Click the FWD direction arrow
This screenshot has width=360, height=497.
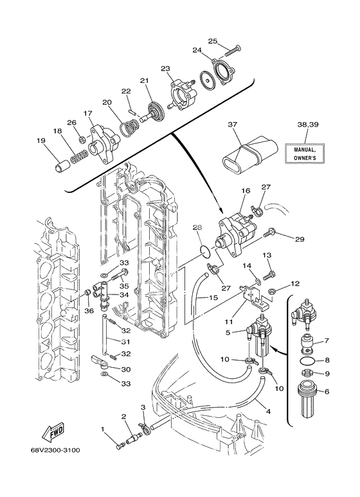pos(53,432)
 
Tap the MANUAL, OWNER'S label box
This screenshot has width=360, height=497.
pos(305,154)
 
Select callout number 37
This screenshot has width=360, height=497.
pos(232,125)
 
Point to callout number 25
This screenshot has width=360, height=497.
pos(213,41)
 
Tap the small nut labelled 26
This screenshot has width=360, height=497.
pos(82,138)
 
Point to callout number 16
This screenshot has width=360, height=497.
pos(246,190)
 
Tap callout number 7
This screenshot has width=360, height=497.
pos(327,341)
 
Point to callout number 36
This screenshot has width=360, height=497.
pos(89,311)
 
